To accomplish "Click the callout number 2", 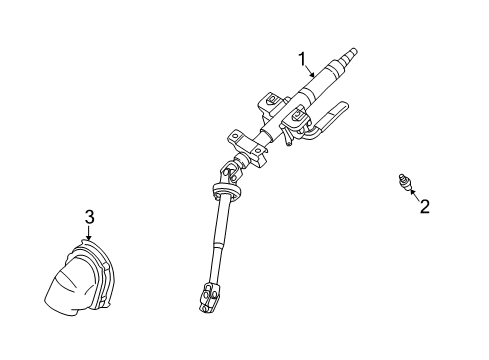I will point(423,206).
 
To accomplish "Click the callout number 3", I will point(89,217).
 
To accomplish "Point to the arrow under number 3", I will point(89,234).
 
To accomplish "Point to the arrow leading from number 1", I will point(310,73).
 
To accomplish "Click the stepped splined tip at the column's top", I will point(352,54).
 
